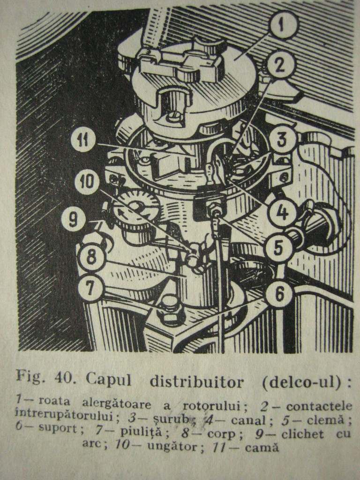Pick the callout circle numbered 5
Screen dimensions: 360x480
278,247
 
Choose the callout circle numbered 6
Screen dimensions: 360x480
279,293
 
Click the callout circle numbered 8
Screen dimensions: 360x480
91,256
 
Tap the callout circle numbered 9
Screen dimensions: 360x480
73,219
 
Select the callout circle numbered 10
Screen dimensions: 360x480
87,182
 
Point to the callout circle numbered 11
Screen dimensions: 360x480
83,141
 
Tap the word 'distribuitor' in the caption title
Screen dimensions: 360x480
197,381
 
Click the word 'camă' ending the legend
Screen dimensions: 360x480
262,448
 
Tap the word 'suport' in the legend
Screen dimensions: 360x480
58,427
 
